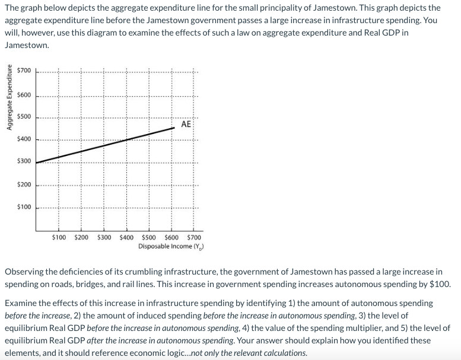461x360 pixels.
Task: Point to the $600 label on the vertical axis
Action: click(x=24, y=94)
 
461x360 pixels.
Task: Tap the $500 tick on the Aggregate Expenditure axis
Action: click(x=24, y=117)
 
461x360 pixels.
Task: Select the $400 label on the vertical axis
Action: click(x=24, y=139)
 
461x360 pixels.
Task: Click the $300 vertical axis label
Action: click(x=24, y=161)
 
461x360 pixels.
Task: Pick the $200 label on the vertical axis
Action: click(x=24, y=185)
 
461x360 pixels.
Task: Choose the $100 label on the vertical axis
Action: click(x=24, y=207)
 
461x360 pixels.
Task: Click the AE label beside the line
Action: click(x=186, y=125)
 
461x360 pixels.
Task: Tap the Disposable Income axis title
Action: click(x=166, y=246)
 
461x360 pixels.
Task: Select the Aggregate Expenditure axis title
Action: click(x=9, y=98)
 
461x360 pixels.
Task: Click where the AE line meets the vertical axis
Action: click(x=36, y=163)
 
